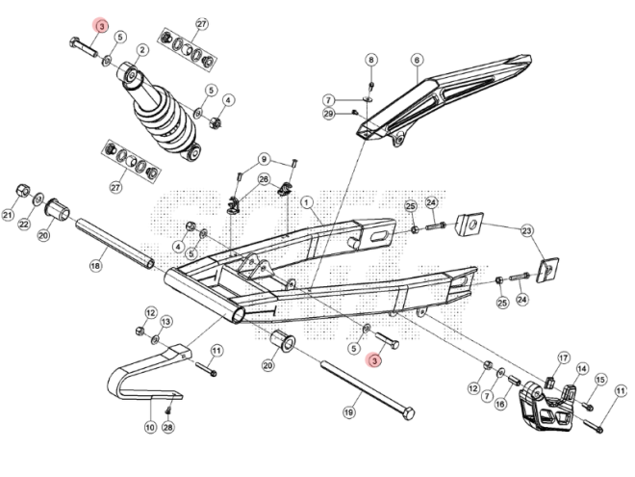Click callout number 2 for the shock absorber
[x=141, y=50]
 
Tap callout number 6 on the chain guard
[x=417, y=60]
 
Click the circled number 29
[x=328, y=115]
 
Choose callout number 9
[x=263, y=159]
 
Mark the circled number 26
[x=263, y=179]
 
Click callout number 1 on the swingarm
[x=307, y=202]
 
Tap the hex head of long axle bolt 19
[x=408, y=413]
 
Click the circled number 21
[x=9, y=215]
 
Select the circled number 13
[x=166, y=321]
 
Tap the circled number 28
[x=168, y=427]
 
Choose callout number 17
[x=564, y=358]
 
